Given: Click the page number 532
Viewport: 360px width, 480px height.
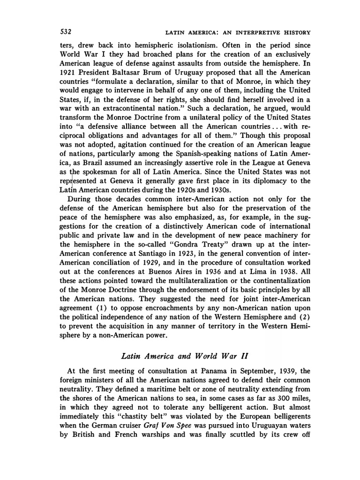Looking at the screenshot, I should pos(65,32).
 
